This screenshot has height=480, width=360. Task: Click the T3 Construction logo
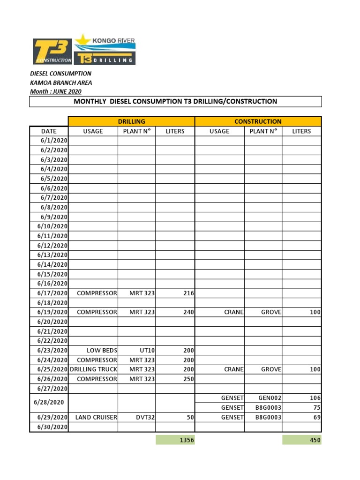[x=52, y=51]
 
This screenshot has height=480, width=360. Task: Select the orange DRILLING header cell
[x=131, y=121]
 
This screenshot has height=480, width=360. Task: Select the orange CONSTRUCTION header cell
[x=258, y=121]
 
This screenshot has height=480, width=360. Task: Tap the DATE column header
[x=49, y=131]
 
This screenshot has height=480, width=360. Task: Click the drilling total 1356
[x=175, y=440]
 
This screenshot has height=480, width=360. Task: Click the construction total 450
[x=302, y=440]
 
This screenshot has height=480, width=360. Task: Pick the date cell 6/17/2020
[x=49, y=293]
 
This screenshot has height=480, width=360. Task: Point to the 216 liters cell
[x=175, y=293]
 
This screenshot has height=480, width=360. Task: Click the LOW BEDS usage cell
[x=93, y=350]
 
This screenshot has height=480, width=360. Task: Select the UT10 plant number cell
[x=136, y=350]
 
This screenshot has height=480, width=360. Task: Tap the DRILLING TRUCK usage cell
[x=93, y=369]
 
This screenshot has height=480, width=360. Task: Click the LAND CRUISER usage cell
[x=93, y=417]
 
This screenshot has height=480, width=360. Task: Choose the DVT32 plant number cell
[x=136, y=417]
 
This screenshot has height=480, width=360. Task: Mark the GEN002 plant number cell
[x=263, y=398]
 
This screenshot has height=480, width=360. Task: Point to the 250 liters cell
[x=175, y=379]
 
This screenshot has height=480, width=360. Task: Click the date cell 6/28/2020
[x=49, y=403]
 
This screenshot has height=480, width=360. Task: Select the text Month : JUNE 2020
[x=55, y=91]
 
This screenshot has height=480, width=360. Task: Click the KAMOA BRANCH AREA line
[x=61, y=82]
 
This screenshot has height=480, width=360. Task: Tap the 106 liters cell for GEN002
[x=302, y=398]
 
